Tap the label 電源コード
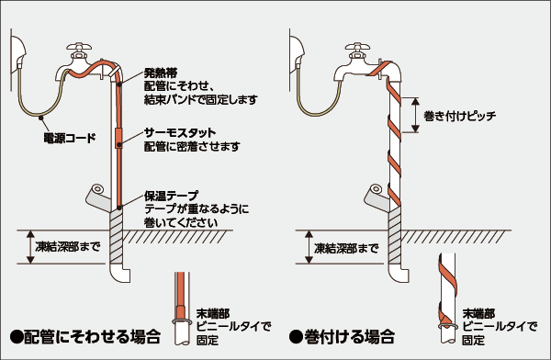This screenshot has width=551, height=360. pyautogui.click(x=70, y=138)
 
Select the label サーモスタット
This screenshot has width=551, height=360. pyautogui.click(x=180, y=132)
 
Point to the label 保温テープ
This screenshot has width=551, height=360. pyautogui.click(x=172, y=196)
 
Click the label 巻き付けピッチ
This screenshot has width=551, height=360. pyautogui.click(x=460, y=116)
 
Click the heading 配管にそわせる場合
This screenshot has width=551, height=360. pyautogui.click(x=85, y=336)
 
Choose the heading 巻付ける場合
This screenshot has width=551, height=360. pyautogui.click(x=342, y=336)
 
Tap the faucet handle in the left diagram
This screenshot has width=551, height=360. pyautogui.click(x=79, y=47)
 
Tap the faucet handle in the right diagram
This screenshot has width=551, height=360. pyautogui.click(x=358, y=47)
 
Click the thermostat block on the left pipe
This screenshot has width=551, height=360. pyautogui.click(x=118, y=138)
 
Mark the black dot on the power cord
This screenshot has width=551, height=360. pyautogui.click(x=41, y=117)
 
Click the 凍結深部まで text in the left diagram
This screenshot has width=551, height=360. pyautogui.click(x=67, y=246)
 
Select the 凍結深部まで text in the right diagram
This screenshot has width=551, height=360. pyautogui.click(x=346, y=249)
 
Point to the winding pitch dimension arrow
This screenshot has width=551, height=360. pyautogui.click(x=415, y=115)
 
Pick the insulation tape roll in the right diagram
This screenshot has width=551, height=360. pyautogui.click(x=376, y=197)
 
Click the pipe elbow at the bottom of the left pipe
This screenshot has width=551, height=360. pyautogui.click(x=119, y=273)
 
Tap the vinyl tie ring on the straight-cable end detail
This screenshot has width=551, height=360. pyautogui.click(x=181, y=321)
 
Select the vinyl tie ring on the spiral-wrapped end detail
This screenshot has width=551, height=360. pyautogui.click(x=448, y=326)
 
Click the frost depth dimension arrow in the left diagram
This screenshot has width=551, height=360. pyautogui.click(x=31, y=247)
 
